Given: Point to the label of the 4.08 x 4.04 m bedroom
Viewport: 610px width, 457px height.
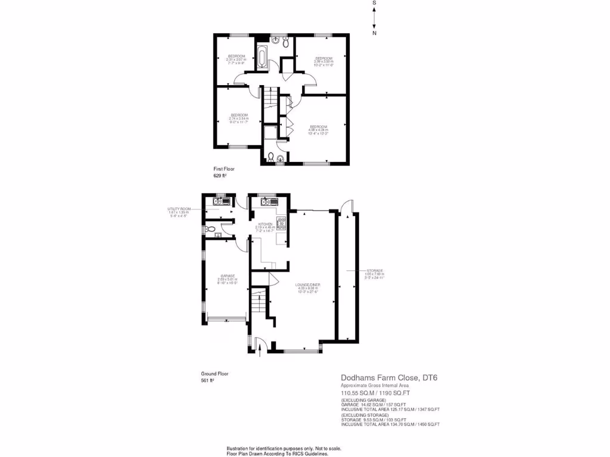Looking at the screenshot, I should [x=319, y=129].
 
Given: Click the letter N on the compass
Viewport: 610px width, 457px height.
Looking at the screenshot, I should [x=374, y=33].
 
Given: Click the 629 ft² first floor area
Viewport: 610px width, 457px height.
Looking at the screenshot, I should [x=220, y=176].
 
